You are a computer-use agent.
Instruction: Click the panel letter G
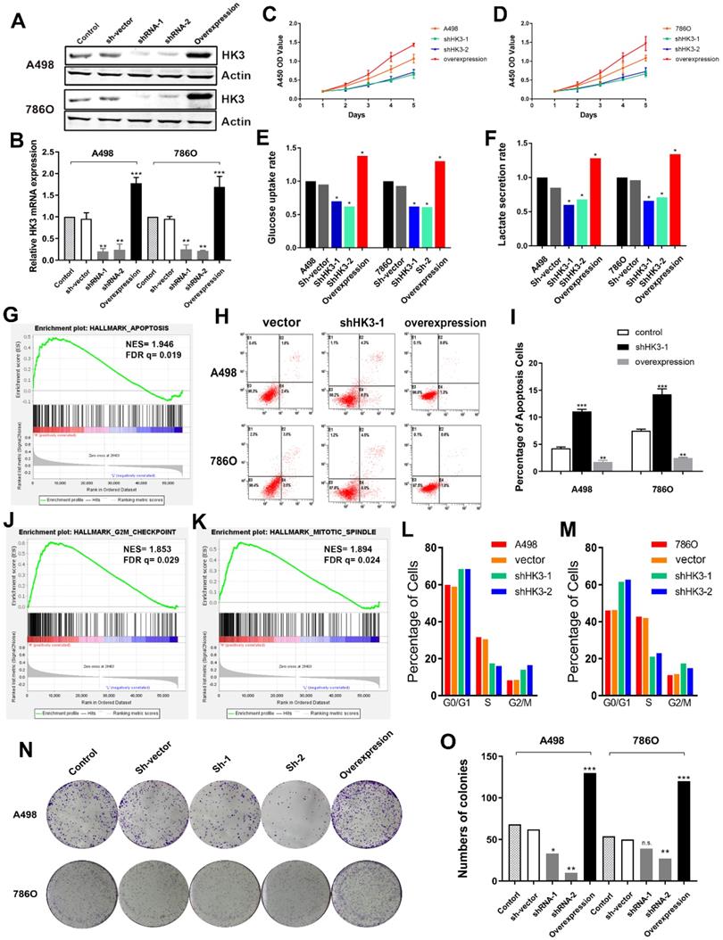coord(11,292)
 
